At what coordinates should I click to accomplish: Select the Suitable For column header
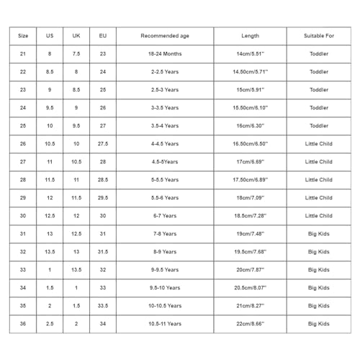(x=319, y=36)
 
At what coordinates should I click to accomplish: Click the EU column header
(x=103, y=36)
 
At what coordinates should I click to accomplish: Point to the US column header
(x=50, y=36)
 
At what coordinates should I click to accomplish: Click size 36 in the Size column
(x=23, y=324)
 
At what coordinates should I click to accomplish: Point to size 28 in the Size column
(x=23, y=180)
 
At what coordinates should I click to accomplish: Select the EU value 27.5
(x=103, y=144)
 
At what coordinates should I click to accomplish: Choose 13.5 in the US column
(x=50, y=252)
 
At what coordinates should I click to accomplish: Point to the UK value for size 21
(x=76, y=54)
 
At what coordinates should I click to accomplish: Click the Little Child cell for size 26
(x=319, y=144)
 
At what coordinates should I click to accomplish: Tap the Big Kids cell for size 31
(x=319, y=234)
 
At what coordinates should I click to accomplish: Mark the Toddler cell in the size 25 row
(x=319, y=126)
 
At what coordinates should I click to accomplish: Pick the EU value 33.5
(x=103, y=306)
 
